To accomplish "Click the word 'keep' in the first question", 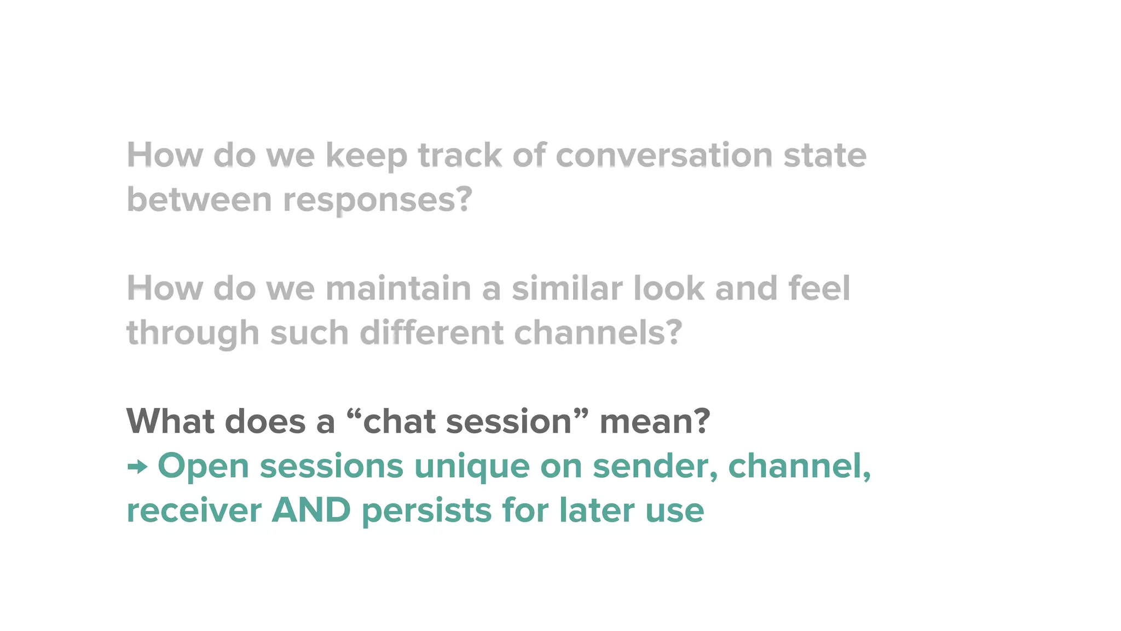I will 366,156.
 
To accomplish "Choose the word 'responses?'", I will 377,200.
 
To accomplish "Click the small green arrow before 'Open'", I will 137,467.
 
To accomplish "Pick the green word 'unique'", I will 472,467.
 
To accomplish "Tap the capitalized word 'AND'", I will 311,510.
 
